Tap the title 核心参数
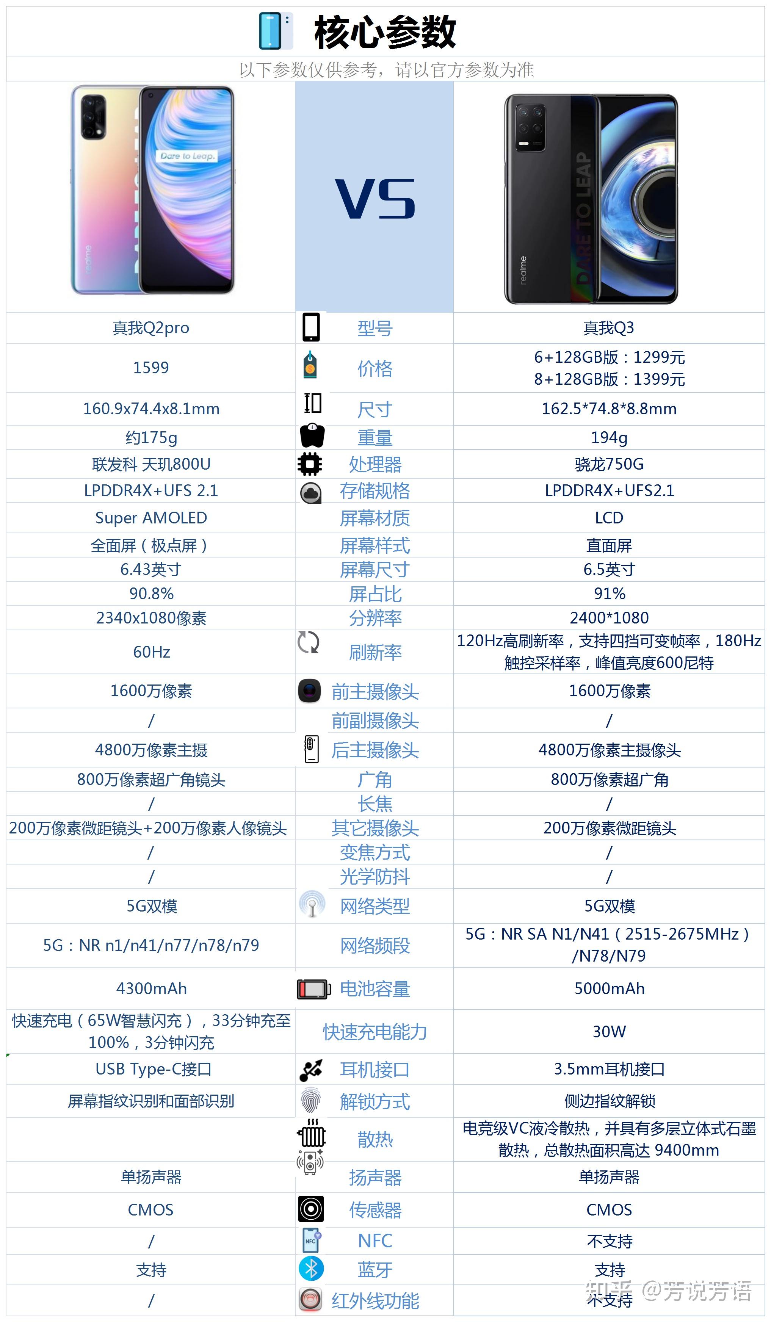pos(384,33)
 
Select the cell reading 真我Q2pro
pos(151,328)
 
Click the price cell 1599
pos(151,368)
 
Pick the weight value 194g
pos(609,437)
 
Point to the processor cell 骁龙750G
pos(609,464)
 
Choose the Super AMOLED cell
pos(151,518)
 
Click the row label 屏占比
pos(375,594)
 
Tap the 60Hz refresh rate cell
pos(151,652)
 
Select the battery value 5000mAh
pos(609,988)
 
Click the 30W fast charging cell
pos(609,1031)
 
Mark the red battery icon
pos(313,989)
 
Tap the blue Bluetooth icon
pos(311,1269)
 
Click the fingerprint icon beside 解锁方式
pos(310,1100)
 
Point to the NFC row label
pos(375,1241)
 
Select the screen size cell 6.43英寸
pos(151,569)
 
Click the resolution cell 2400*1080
pos(609,617)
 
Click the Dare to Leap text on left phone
pos(187,156)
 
